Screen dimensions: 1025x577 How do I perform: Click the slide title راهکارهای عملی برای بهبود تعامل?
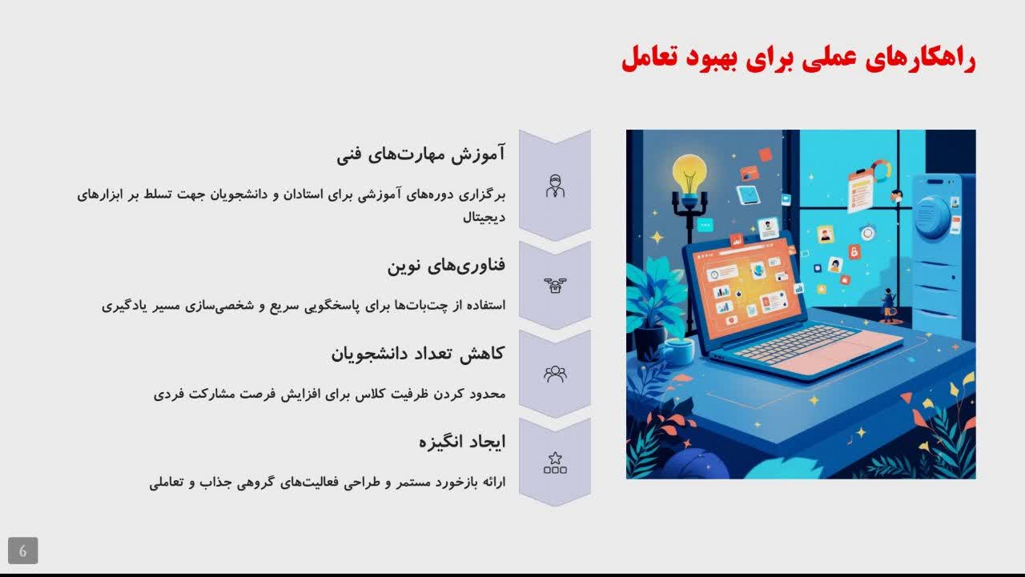[x=798, y=58]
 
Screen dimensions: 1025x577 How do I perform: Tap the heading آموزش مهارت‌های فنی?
[x=421, y=154]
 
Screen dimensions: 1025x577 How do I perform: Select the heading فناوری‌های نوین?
[x=446, y=265]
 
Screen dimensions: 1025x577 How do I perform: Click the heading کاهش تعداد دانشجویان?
[x=418, y=354]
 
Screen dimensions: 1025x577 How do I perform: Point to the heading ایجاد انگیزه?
[x=462, y=442]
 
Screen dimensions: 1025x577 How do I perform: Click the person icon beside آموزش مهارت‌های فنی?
[x=555, y=186]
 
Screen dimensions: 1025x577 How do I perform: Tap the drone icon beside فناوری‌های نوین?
[x=555, y=286]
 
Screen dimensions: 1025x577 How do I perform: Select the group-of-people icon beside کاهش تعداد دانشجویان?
[x=555, y=374]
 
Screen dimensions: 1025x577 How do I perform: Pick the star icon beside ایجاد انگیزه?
[x=555, y=463]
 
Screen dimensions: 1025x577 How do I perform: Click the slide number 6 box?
[x=23, y=551]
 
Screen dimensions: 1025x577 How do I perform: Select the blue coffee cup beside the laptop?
[x=676, y=351]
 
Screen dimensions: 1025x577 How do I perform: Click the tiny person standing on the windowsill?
[x=889, y=305]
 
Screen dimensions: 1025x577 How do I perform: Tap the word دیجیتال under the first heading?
[x=484, y=217]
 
